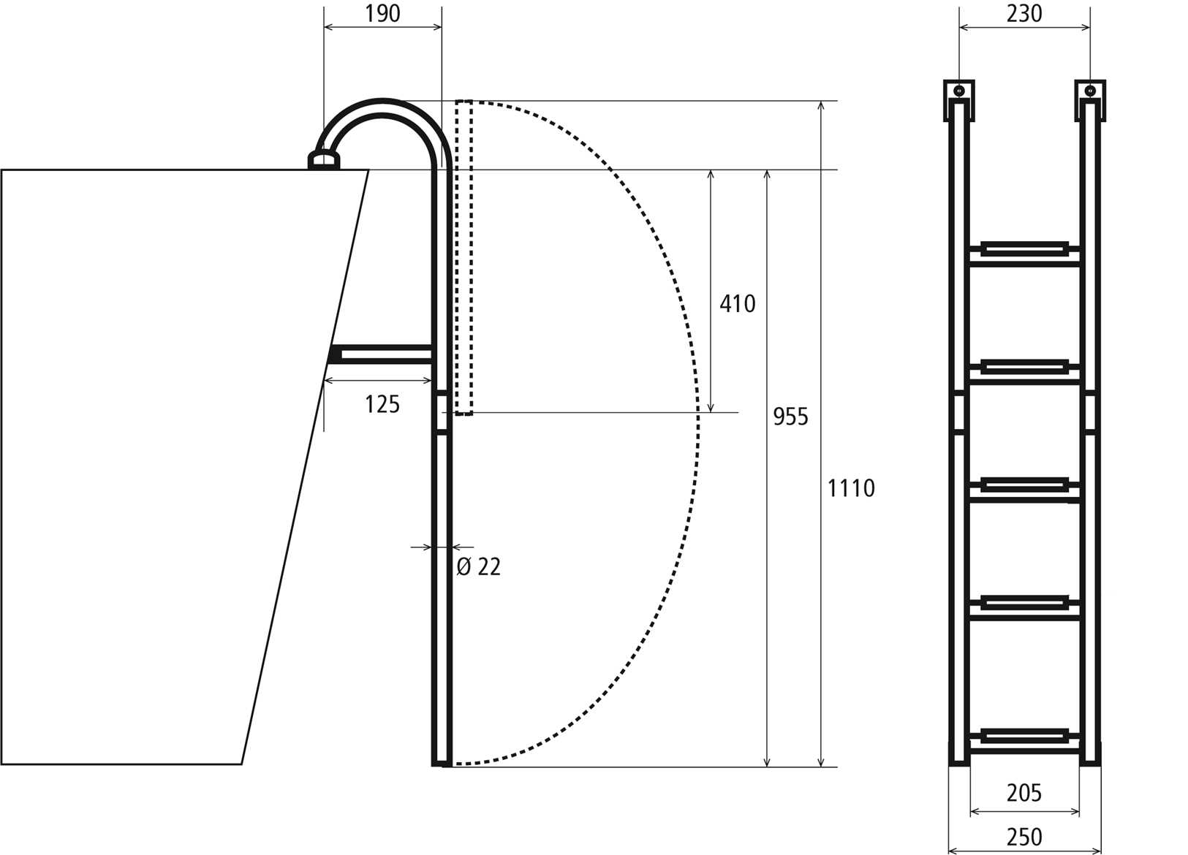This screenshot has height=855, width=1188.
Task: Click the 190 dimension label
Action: (x=382, y=13)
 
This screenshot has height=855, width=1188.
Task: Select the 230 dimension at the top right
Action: (x=1024, y=13)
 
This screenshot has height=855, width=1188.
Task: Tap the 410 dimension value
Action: (x=737, y=303)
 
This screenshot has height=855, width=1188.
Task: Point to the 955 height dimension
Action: (x=790, y=417)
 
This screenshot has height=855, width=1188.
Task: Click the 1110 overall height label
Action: (x=850, y=487)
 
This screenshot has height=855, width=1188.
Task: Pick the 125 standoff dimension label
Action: (x=382, y=404)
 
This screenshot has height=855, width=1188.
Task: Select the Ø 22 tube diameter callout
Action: (x=479, y=566)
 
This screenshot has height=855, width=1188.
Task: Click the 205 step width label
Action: (x=1024, y=792)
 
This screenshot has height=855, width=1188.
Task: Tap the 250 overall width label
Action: (x=1024, y=837)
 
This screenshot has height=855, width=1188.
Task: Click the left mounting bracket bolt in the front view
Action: (x=959, y=91)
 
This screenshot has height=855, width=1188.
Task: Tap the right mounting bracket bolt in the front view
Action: (x=1089, y=91)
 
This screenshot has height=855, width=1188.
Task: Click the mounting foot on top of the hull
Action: (x=324, y=159)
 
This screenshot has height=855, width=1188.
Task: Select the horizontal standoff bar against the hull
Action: (x=380, y=354)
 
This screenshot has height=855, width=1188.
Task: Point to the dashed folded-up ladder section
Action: (x=464, y=256)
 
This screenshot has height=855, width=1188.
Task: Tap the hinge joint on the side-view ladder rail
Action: (x=442, y=414)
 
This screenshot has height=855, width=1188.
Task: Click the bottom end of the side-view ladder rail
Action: (x=442, y=760)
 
